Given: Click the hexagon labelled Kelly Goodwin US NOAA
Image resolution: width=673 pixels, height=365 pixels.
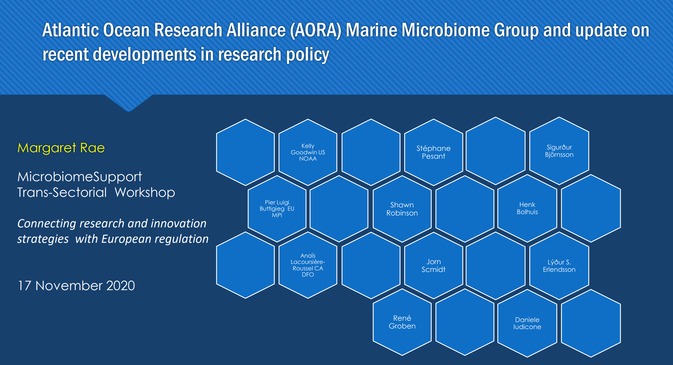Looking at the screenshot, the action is point(308,152).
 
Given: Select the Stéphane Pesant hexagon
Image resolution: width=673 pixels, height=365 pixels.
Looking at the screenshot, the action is point(434,152).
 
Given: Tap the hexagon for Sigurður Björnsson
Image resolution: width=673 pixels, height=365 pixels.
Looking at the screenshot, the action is point(559,151).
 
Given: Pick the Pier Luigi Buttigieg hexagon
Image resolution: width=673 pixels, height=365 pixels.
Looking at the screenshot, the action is point(277,209).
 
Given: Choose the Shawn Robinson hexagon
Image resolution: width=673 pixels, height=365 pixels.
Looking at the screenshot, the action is point(402,209).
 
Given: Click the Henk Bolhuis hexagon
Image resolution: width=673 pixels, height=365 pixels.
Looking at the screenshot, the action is point(527,208).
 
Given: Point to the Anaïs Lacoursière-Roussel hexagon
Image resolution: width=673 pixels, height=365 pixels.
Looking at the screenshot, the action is point(308,265).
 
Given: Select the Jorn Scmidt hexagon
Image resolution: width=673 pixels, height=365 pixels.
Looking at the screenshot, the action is point(434,266).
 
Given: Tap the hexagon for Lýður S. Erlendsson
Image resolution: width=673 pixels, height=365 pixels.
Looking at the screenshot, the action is point(559,266).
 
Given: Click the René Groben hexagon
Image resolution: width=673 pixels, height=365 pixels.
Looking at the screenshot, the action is point(402,322).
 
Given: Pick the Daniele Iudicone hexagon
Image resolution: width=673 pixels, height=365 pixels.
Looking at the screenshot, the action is point(527,323).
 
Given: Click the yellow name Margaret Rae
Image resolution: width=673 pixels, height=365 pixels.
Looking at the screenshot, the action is point(61,148).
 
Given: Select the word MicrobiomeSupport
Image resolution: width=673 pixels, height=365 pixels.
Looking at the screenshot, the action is point(80,177).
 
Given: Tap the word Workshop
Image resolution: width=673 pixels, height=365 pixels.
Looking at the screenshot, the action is point(145,193).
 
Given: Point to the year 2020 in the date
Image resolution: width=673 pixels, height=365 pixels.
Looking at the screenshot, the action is point(120,286).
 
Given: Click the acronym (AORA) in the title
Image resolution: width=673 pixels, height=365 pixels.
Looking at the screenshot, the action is point(316,30).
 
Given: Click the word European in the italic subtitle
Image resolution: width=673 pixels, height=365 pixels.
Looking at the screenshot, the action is point(126,239).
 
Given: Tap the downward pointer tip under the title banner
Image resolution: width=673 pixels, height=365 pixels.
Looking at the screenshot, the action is point(129,111).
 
